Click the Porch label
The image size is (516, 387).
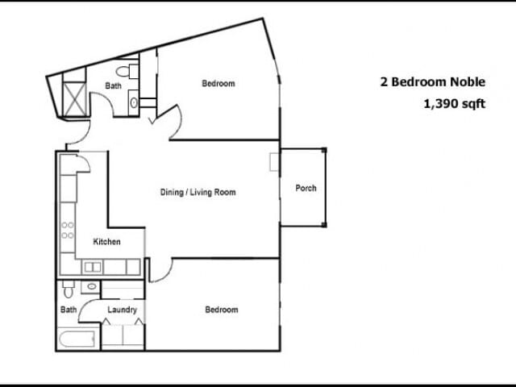tap(306, 189)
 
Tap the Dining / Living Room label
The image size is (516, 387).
tap(198, 193)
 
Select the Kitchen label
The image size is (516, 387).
tap(107, 242)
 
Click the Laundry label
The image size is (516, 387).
tap(123, 310)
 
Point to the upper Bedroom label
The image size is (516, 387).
tap(218, 84)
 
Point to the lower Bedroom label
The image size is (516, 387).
tap(221, 310)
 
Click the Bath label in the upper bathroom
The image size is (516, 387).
tap(113, 85)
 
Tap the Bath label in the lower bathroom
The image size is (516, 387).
tap(69, 310)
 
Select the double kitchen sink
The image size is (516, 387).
tap(94, 267)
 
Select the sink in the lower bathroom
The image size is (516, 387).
tap(92, 286)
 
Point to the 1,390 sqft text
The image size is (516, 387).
tap(454, 103)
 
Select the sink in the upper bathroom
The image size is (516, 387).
tap(134, 102)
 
